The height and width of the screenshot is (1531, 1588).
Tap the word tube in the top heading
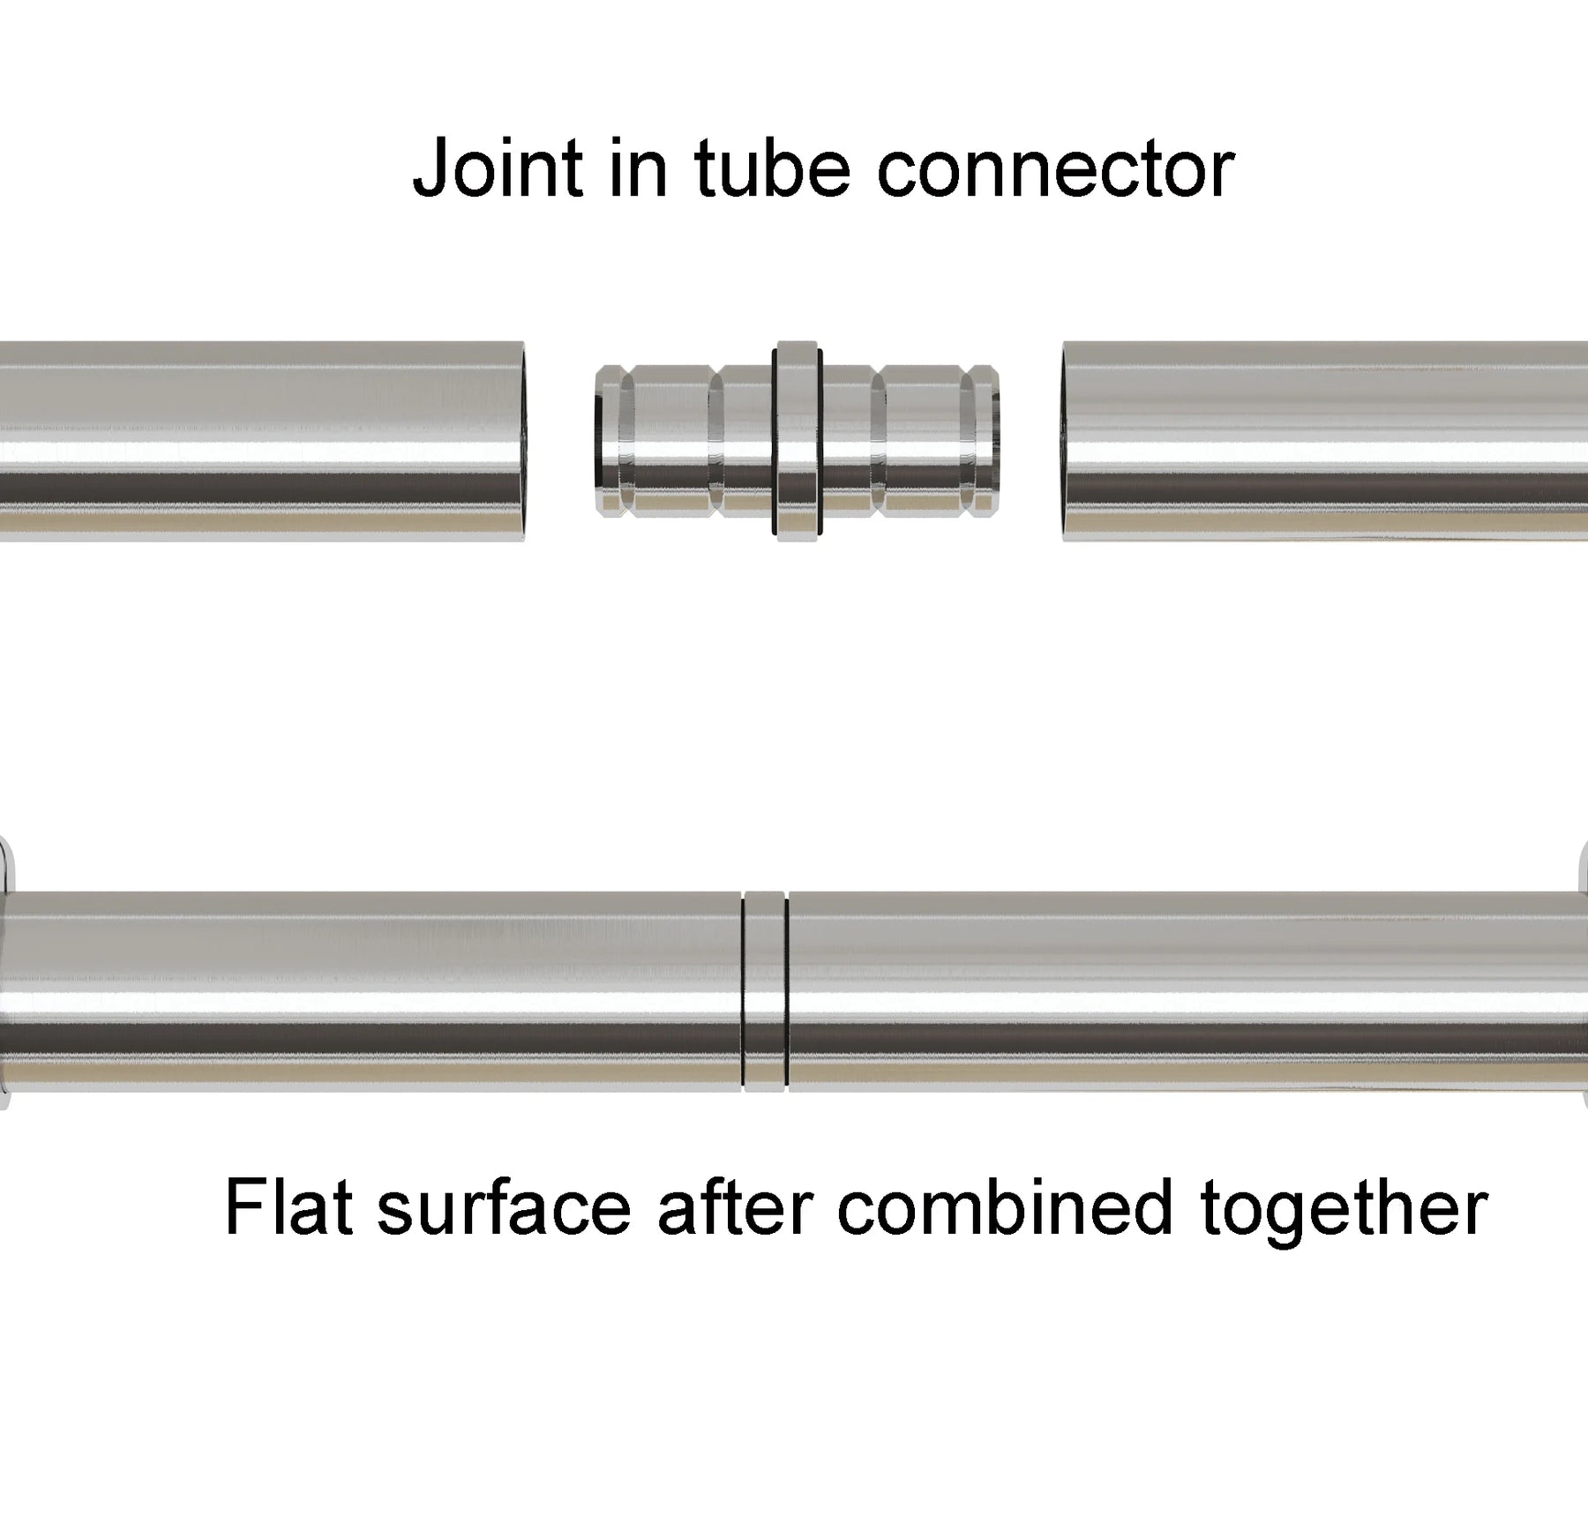pos(773,169)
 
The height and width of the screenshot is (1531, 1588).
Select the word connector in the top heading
pos(1055,169)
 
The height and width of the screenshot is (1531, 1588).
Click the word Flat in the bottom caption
pos(289,1207)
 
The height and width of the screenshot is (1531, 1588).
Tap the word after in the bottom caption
pos(734,1207)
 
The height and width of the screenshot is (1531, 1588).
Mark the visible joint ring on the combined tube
pos(764,992)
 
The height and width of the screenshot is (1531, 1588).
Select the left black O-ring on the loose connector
pos(775,441)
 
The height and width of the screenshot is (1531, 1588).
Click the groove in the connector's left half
pos(715,441)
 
